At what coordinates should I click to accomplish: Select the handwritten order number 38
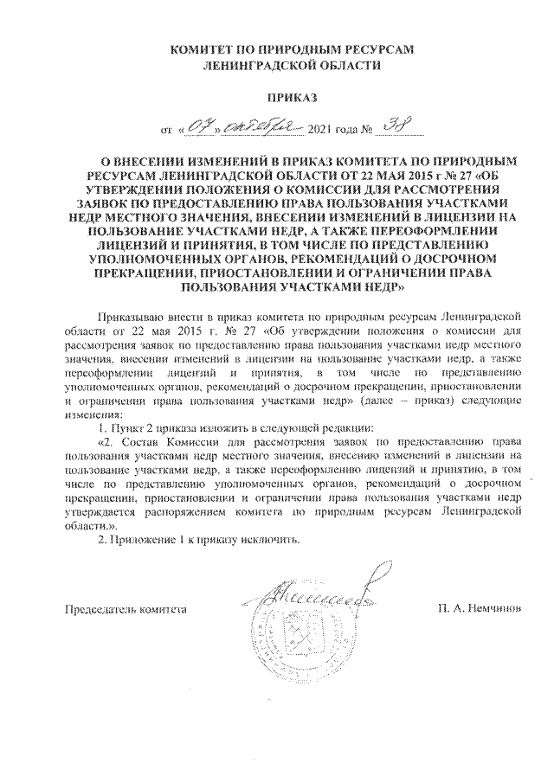coord(395,127)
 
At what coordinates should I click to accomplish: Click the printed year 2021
coord(321,132)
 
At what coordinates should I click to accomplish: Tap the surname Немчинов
coord(493,609)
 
